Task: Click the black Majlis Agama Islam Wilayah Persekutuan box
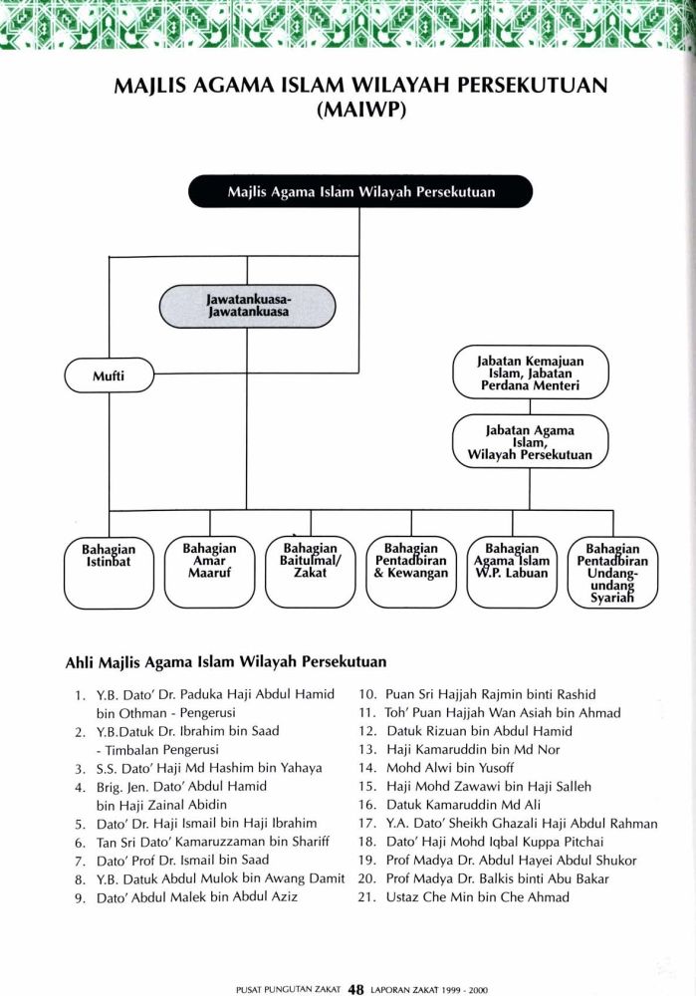(360, 191)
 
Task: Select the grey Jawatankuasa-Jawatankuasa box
(247, 306)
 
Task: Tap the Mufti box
(109, 375)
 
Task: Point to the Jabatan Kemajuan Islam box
(531, 373)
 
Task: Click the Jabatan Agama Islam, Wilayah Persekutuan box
(531, 441)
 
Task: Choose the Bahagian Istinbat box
(109, 573)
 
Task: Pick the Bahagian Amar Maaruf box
(209, 573)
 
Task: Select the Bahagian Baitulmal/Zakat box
(311, 573)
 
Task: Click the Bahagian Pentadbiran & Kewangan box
(411, 573)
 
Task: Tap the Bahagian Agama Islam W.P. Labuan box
(512, 573)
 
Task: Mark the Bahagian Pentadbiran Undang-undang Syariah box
(612, 573)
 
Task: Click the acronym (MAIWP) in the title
(360, 110)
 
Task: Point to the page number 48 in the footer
(355, 989)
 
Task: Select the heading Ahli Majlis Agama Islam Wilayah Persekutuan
(225, 662)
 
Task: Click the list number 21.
(367, 897)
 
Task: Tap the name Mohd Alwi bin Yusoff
(450, 768)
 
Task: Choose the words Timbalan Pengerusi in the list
(162, 750)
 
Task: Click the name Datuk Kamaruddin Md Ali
(464, 805)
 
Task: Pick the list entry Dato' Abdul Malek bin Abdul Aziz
(197, 897)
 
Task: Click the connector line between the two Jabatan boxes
(531, 407)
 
